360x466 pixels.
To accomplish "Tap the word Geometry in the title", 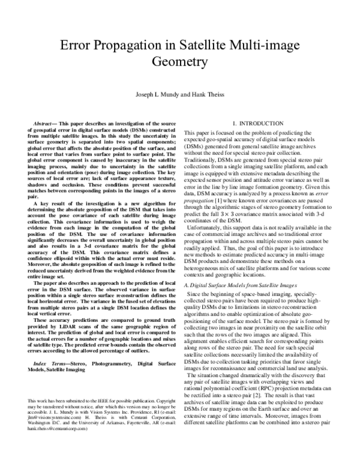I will pyautogui.click(x=179, y=61).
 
